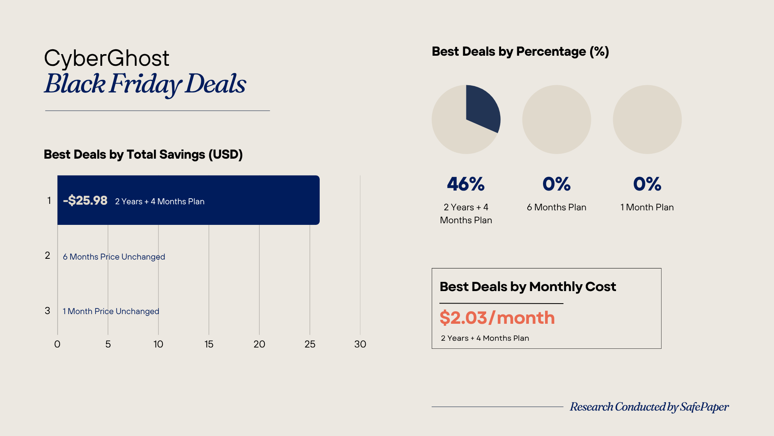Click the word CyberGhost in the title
[x=106, y=58]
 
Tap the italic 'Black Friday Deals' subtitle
[x=145, y=84]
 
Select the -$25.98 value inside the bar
[x=85, y=201]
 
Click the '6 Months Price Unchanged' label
[x=114, y=257]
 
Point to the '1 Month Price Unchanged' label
[x=111, y=311]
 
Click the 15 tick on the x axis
[x=209, y=344]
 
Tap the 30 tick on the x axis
[x=360, y=344]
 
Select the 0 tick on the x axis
[x=57, y=344]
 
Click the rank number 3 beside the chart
[x=48, y=311]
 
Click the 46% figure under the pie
[x=466, y=184]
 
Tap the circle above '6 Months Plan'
[x=556, y=119]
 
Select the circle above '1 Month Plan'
[x=647, y=119]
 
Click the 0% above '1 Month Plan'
[x=647, y=184]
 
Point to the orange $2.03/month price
[x=497, y=318]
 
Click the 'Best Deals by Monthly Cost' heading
[x=528, y=287]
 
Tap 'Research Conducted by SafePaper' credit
[x=649, y=407]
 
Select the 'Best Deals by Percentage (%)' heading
[x=520, y=52]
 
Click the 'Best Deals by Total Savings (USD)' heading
[x=143, y=155]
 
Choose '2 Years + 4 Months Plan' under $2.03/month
[x=485, y=338]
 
